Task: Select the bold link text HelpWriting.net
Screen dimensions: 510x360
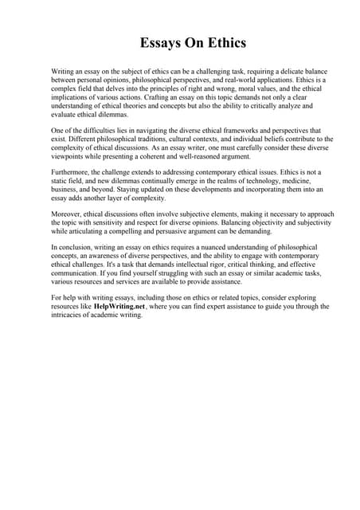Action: [x=119, y=305]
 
